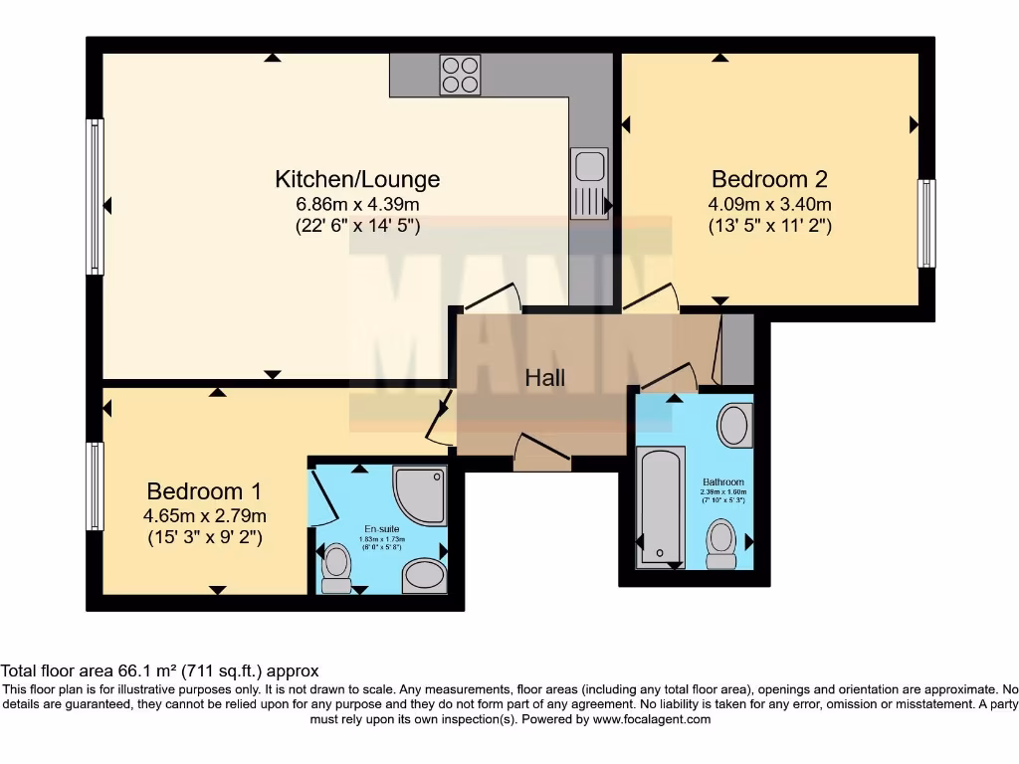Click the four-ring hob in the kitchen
(460, 75)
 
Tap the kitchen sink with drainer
(587, 184)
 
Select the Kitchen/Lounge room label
(357, 179)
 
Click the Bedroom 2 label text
(769, 179)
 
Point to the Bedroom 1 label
(204, 490)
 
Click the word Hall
(545, 378)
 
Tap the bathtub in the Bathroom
(660, 505)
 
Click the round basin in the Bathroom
(735, 426)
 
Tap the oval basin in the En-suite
(425, 576)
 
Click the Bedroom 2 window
(926, 224)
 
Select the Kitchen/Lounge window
(95, 196)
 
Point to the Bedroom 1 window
(95, 486)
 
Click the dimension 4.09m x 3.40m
(769, 204)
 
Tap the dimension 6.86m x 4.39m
(357, 204)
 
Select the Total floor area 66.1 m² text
(159, 671)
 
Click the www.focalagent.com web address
(652, 719)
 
